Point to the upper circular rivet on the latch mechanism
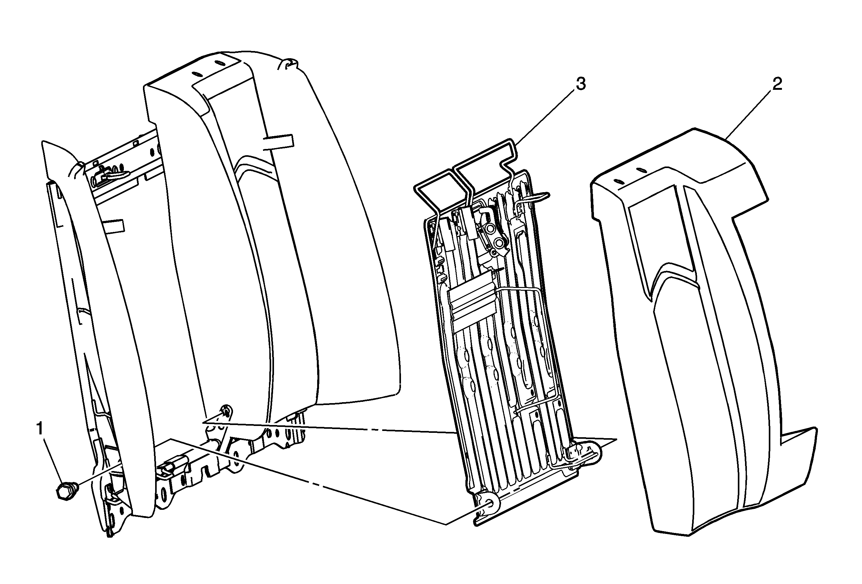point(490,230)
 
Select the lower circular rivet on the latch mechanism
point(499,243)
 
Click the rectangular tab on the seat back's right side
point(278,142)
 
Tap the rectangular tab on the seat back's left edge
point(113,226)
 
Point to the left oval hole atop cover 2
point(619,182)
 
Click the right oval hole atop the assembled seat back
point(220,64)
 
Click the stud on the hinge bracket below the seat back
point(225,410)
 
